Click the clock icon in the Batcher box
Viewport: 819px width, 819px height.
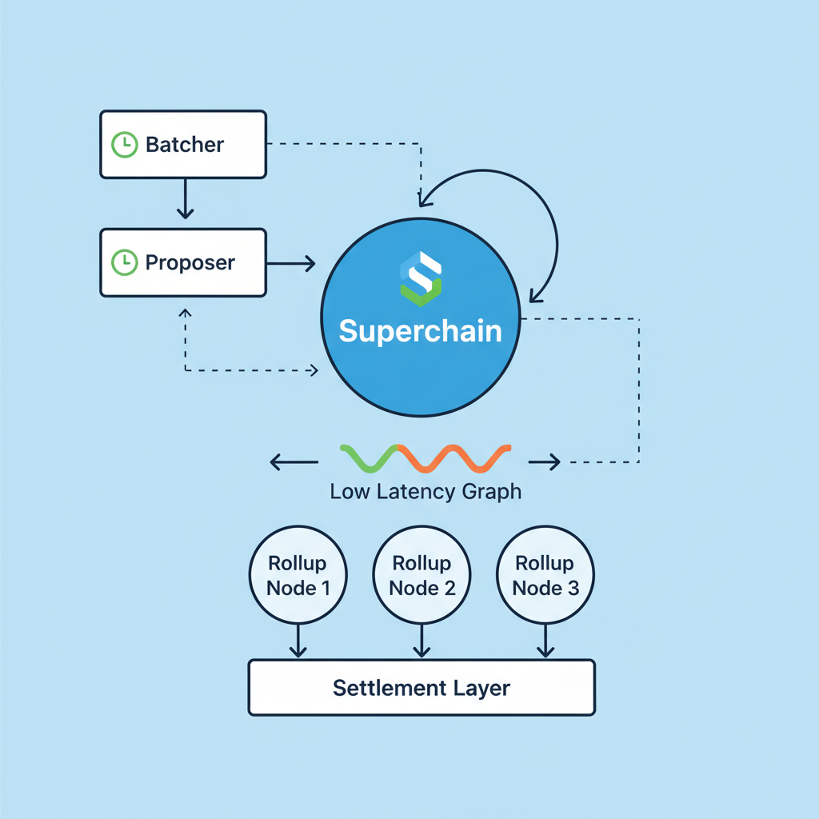coord(124,145)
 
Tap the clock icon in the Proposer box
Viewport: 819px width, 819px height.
coord(124,262)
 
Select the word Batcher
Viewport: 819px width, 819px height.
coord(185,145)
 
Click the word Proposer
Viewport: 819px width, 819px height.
coord(190,262)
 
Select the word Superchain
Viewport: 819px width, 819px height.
coord(421,330)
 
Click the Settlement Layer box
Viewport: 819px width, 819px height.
coord(421,688)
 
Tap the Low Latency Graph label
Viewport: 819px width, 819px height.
coord(425,491)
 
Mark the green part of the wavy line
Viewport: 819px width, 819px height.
coord(368,457)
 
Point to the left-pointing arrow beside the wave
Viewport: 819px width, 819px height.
coord(286,461)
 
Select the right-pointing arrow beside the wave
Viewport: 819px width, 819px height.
coord(544,461)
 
